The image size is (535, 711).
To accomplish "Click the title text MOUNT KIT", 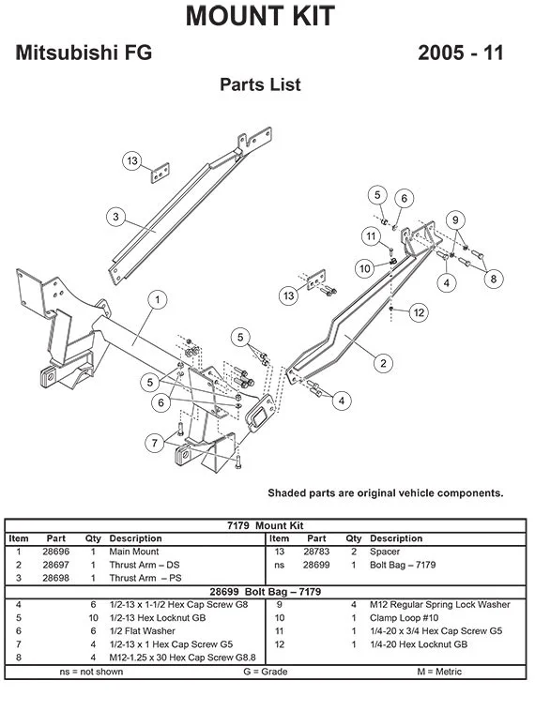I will pos(259,16).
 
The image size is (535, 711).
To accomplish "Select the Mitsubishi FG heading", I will pos(84,53).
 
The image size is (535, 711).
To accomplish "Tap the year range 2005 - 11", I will pos(460,53).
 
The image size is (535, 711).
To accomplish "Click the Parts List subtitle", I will pos(260,85).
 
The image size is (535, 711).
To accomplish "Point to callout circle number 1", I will pos(158,300).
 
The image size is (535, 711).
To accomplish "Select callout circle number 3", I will pos(115,217).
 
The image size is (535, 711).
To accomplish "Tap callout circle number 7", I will pos(152,442).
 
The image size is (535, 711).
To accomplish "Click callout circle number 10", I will pos(365,268).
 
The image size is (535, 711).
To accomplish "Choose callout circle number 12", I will pos(419,312).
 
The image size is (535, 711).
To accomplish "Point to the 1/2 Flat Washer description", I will pos(142,632).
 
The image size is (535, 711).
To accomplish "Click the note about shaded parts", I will pos(385,492).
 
